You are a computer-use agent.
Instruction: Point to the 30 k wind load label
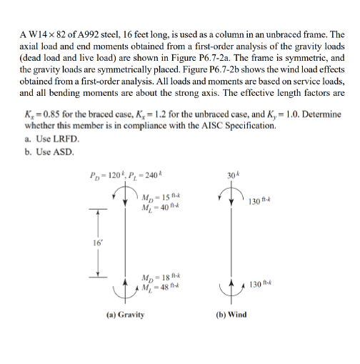click(231, 177)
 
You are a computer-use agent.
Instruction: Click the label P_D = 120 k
click(109, 177)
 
